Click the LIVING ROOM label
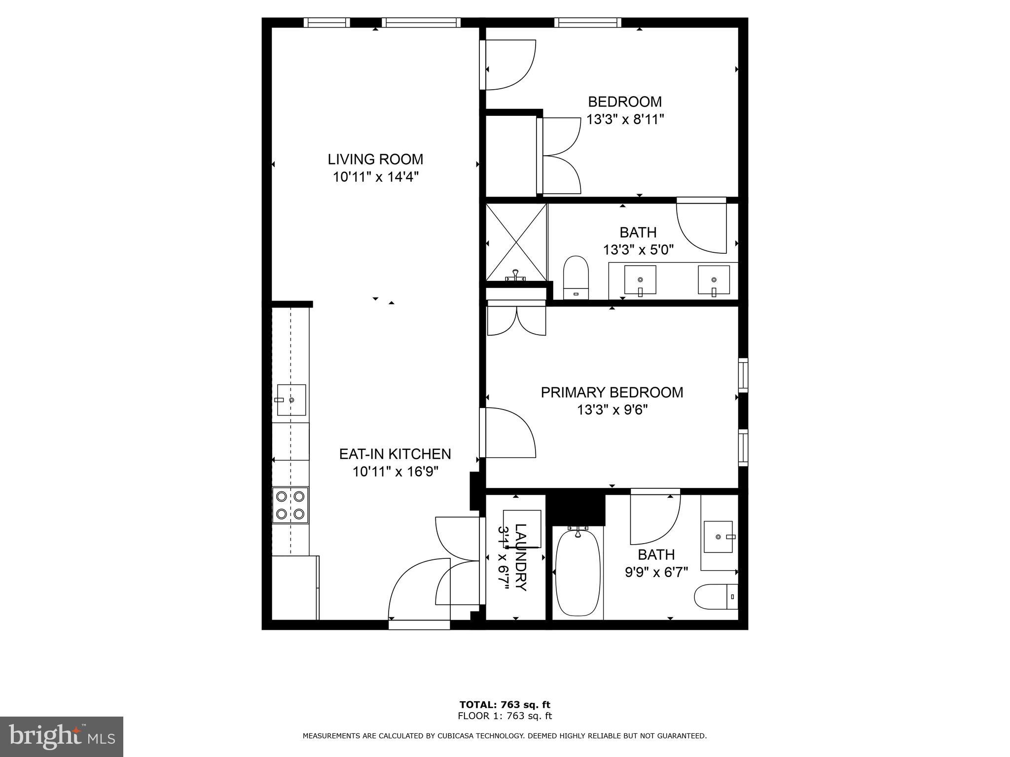click(375, 159)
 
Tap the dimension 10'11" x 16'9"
click(395, 472)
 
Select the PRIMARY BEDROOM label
click(612, 392)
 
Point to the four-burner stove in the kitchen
click(290, 505)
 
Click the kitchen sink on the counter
click(291, 400)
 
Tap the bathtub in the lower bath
click(578, 572)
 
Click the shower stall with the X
click(516, 241)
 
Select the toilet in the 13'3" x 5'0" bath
click(577, 277)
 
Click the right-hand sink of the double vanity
click(714, 279)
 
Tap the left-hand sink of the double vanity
click(640, 279)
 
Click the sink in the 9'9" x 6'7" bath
click(718, 537)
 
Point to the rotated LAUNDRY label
click(521, 557)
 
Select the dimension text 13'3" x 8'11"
click(625, 119)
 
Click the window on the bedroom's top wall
click(587, 22)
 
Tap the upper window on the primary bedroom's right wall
click(743, 376)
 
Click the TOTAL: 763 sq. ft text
click(505, 705)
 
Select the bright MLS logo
click(61, 736)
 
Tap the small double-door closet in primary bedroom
click(516, 320)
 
